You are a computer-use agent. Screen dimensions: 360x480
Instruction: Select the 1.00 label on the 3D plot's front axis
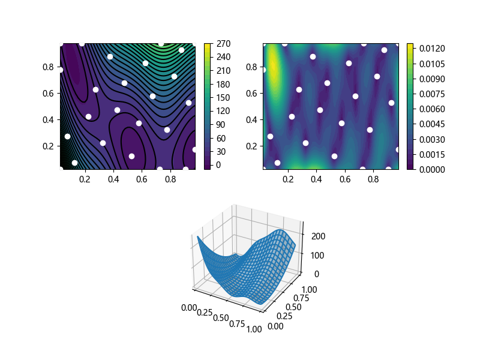254,329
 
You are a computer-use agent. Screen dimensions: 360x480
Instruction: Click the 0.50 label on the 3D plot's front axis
220,316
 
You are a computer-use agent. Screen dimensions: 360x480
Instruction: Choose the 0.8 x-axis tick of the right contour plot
374,179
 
